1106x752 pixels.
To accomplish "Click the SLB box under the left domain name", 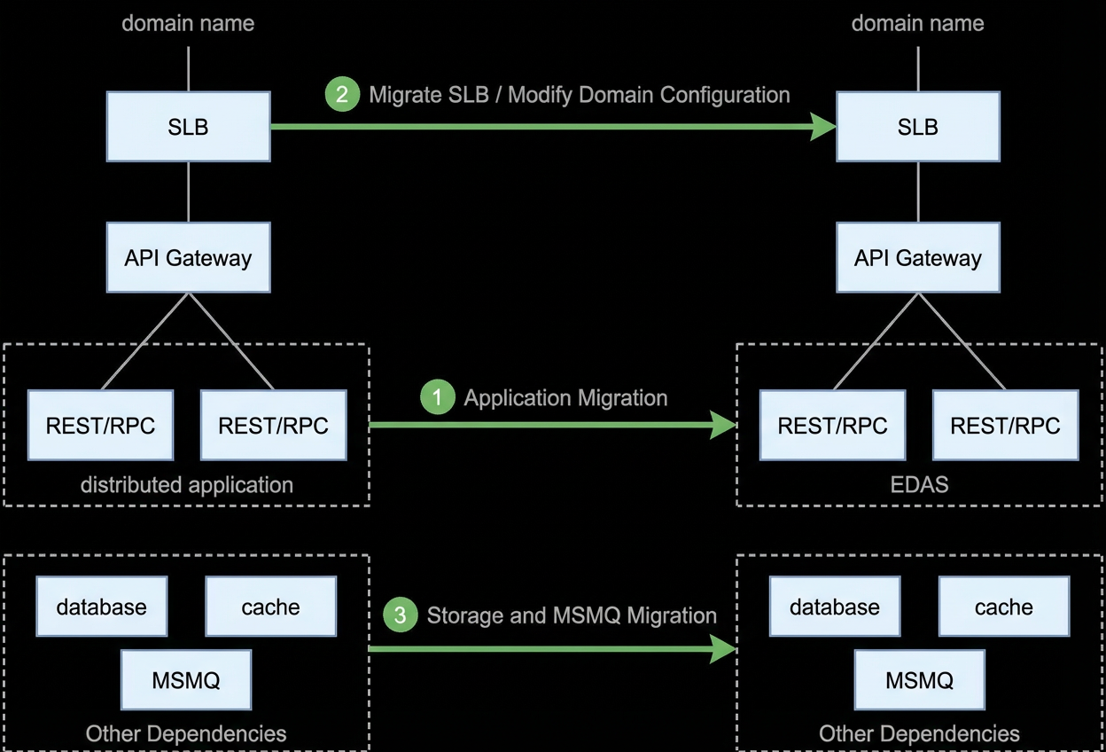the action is [x=188, y=127].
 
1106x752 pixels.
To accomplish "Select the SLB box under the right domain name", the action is [x=918, y=127].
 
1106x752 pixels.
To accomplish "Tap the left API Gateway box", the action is [x=188, y=257].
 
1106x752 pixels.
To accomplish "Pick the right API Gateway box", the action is [x=918, y=257].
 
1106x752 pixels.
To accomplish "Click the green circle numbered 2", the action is [x=342, y=94].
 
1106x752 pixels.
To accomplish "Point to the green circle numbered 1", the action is [x=438, y=396].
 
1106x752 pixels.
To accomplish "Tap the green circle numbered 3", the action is [x=401, y=615].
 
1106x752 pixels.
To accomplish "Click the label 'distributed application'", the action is [x=187, y=485].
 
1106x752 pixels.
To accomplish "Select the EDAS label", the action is [x=919, y=485].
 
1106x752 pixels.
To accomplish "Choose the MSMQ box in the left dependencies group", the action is [x=186, y=680].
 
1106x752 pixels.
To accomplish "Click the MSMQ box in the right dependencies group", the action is [x=919, y=680].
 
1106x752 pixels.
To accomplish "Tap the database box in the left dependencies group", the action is [x=102, y=607].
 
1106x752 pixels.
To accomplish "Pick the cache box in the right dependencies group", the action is [x=1004, y=607].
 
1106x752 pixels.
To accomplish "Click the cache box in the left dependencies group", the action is [x=270, y=607].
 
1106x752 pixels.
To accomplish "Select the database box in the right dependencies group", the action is [x=835, y=607].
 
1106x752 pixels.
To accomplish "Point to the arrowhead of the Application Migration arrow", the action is [x=724, y=425].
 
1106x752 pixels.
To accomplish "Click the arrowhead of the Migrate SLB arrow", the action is [x=823, y=127].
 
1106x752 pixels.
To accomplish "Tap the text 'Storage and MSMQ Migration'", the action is [x=572, y=615].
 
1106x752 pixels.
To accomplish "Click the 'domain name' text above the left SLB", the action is [x=188, y=23].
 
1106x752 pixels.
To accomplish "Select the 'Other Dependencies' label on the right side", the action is [x=919, y=733].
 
